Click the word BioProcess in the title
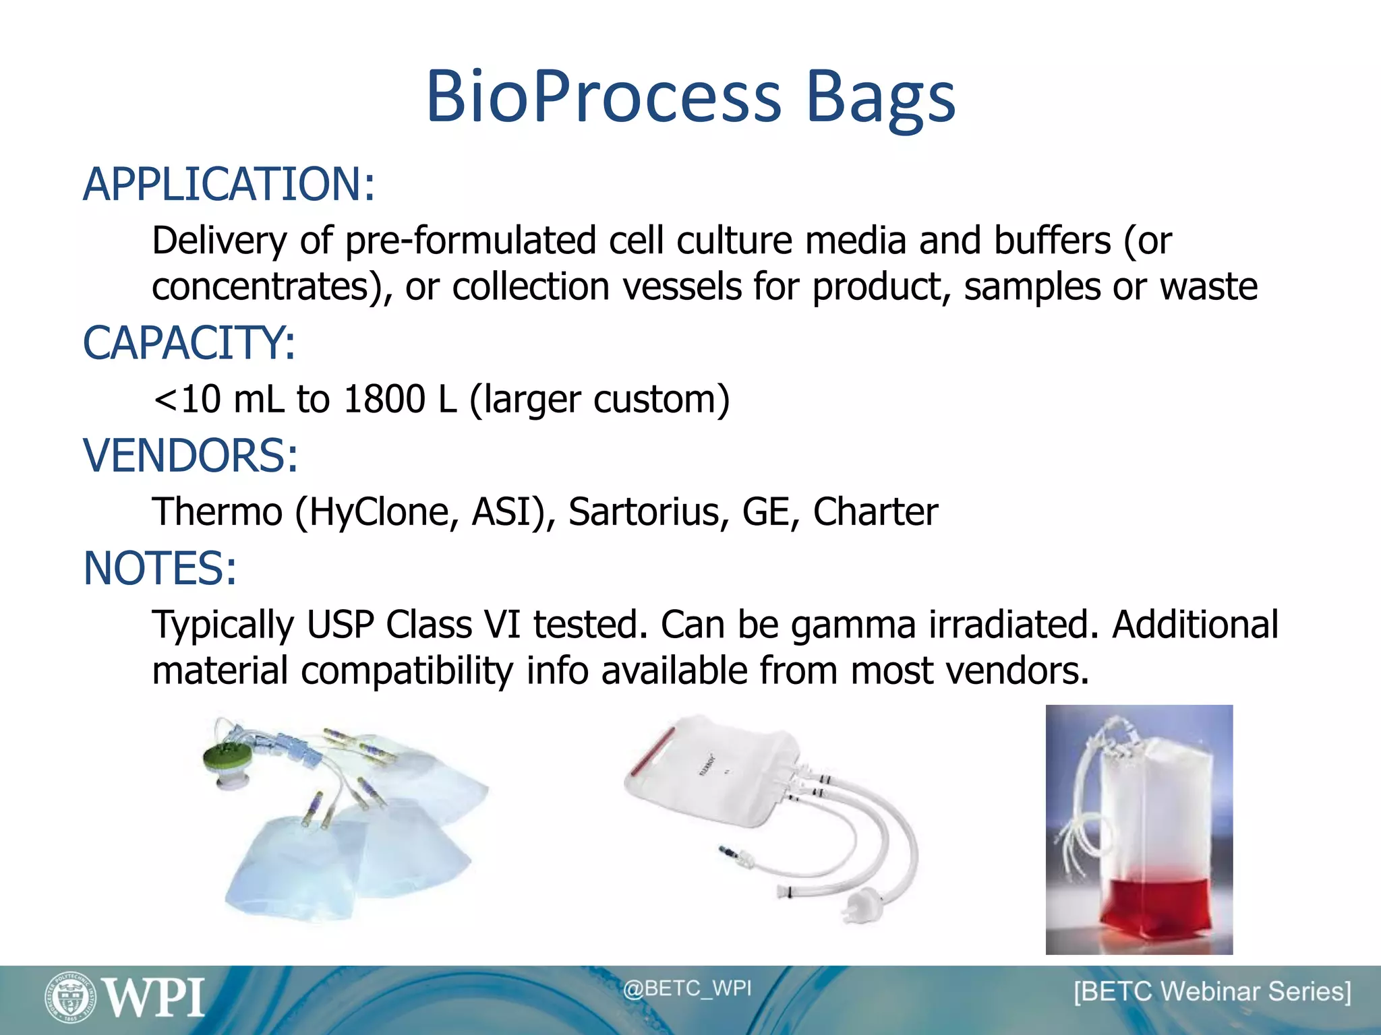click(x=604, y=98)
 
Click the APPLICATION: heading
click(x=229, y=185)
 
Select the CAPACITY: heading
click(x=189, y=343)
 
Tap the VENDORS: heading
click(x=190, y=456)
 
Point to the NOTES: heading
click(x=160, y=569)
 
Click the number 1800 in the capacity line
click(x=384, y=399)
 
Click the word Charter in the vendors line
click(x=875, y=512)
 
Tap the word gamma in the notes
click(x=853, y=625)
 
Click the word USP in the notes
click(x=340, y=625)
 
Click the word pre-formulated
click(x=471, y=241)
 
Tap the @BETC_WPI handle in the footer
click(x=686, y=989)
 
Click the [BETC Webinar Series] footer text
click(x=1212, y=992)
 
